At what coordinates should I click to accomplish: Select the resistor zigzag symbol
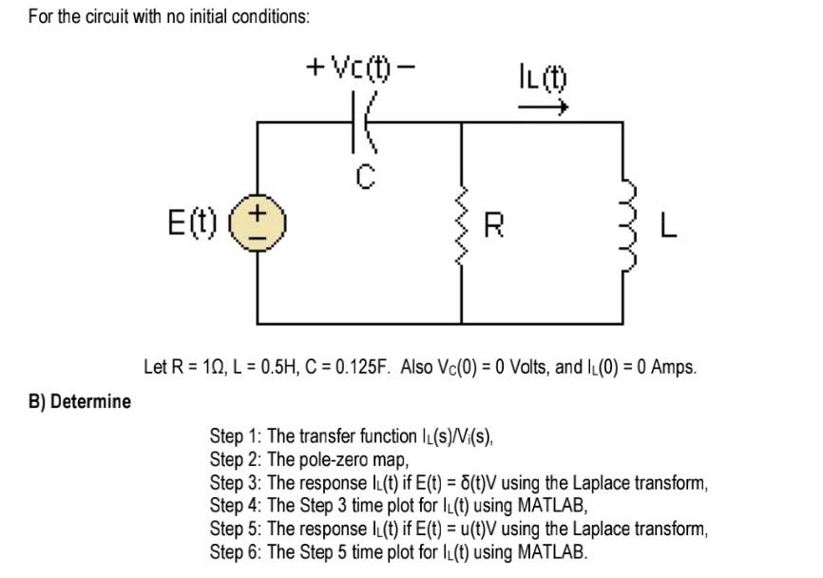[462, 226]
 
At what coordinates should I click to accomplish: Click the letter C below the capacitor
[367, 175]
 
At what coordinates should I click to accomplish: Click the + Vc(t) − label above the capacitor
[361, 67]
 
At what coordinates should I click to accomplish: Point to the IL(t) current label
[542, 74]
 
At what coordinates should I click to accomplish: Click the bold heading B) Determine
[80, 401]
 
